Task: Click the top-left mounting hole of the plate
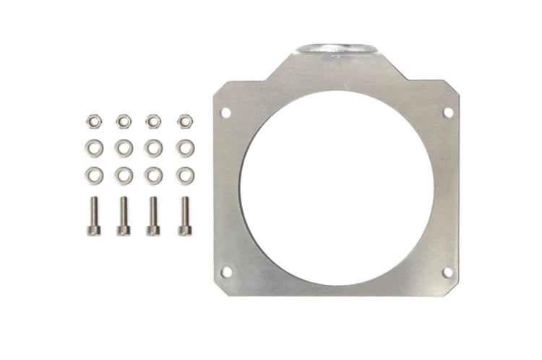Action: tap(225, 113)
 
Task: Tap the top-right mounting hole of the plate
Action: tap(447, 112)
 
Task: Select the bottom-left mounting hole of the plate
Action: tap(225, 272)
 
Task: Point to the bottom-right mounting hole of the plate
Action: tap(447, 272)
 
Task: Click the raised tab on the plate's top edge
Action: tap(335, 50)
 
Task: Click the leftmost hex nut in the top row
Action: tap(93, 120)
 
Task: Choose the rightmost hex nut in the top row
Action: tap(185, 120)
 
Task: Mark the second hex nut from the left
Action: tap(124, 120)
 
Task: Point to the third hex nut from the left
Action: tap(154, 120)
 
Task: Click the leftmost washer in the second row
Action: tap(93, 147)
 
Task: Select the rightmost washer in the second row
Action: tap(185, 147)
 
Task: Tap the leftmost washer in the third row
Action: tap(93, 174)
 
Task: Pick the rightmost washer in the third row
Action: tap(185, 174)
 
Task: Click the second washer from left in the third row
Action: tap(124, 174)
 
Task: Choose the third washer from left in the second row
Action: tap(154, 147)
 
